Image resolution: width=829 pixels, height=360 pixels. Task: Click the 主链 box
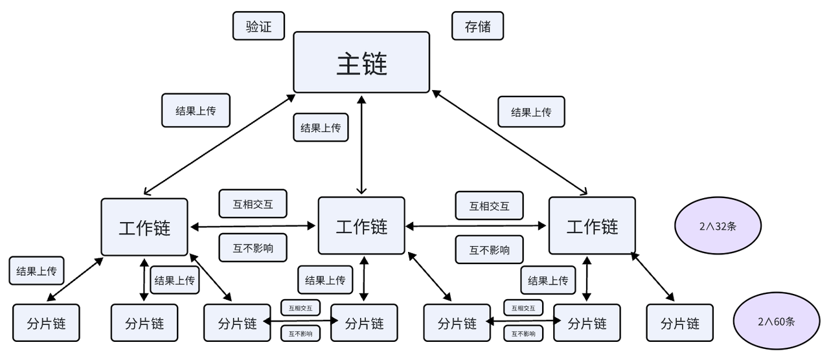tap(361, 62)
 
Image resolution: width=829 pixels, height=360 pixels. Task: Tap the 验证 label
tap(258, 27)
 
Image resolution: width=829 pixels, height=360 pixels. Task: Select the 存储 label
tap(477, 27)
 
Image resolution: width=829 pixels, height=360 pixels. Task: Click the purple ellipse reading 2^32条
tap(718, 227)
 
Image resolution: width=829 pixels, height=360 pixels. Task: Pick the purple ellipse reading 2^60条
tap(776, 321)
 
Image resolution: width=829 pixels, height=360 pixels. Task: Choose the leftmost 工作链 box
tap(144, 227)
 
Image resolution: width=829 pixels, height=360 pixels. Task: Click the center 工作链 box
tap(361, 226)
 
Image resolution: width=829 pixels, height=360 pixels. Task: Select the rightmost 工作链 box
tap(592, 226)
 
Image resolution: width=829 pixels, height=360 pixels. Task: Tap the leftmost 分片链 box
tap(46, 323)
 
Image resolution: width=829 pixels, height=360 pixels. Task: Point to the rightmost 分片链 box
tap(680, 323)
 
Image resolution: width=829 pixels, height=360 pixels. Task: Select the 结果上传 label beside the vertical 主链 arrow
tap(321, 128)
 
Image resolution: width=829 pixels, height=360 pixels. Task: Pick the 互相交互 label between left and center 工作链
tap(253, 205)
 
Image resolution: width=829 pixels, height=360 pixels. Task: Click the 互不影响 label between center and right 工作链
tap(489, 250)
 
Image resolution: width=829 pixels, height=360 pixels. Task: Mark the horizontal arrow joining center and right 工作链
tap(477, 226)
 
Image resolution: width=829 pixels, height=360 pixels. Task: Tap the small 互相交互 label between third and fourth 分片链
tap(301, 308)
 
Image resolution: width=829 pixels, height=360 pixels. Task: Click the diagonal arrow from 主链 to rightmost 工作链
tap(510, 142)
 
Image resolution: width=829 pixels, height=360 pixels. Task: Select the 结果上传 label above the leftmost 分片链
tap(36, 271)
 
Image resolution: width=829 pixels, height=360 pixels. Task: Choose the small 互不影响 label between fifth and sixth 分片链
tap(523, 333)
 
